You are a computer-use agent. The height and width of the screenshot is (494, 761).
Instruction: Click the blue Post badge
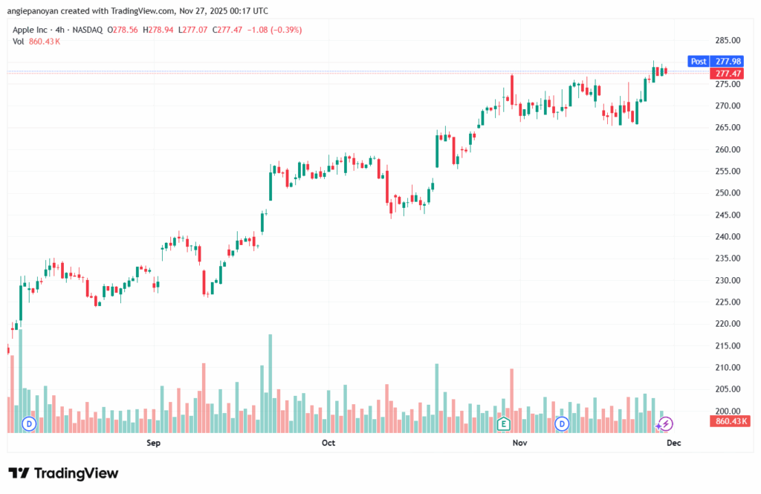698,62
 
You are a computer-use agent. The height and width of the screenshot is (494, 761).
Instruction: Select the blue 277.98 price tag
728,62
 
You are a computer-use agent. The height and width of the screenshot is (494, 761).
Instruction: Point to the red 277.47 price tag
728,74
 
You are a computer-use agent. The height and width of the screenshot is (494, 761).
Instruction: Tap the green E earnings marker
503,424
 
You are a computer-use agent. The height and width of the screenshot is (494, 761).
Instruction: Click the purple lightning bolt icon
666,424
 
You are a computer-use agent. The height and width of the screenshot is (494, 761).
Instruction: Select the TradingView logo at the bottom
63,473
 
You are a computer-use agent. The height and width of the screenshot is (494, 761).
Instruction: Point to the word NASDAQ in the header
87,30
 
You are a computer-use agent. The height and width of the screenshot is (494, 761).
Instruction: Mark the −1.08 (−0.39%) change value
275,30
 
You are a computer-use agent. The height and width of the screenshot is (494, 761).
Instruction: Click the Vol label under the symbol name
19,42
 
